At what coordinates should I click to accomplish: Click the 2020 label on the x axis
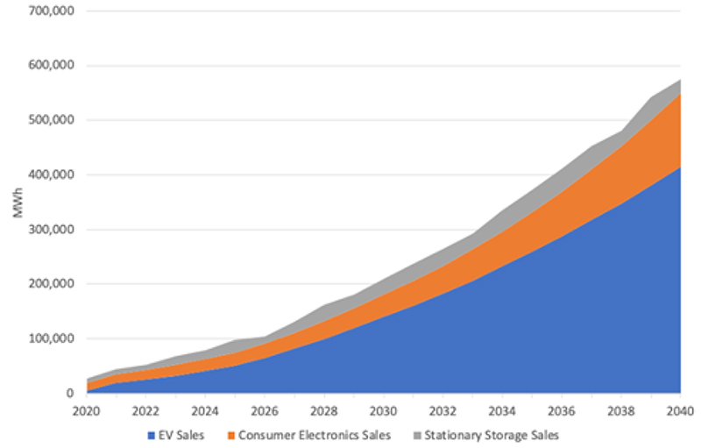click(88, 410)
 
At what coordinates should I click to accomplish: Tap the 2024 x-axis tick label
click(206, 410)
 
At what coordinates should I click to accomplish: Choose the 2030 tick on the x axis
click(384, 410)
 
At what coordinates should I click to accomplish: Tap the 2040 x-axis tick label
click(680, 410)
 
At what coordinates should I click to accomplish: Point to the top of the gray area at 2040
click(680, 80)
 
